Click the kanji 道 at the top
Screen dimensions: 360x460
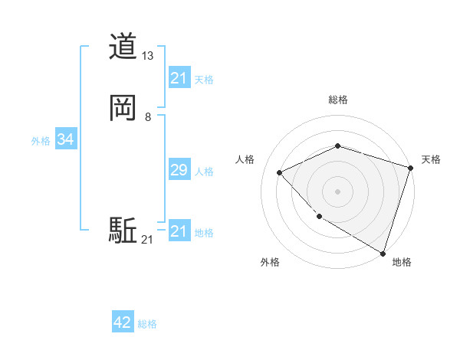click(x=123, y=47)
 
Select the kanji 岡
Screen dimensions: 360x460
click(x=123, y=108)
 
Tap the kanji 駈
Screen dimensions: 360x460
click(x=123, y=231)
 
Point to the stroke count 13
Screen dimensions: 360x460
click(x=148, y=56)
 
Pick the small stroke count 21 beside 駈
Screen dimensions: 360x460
click(x=147, y=241)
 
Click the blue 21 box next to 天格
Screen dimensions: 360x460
click(x=179, y=78)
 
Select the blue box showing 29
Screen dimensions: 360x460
click(x=179, y=170)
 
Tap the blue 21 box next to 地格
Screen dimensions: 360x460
click(x=179, y=231)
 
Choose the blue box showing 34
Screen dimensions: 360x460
click(x=65, y=139)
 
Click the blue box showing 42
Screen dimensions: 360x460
click(x=123, y=323)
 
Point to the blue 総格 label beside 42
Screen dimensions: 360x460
click(x=147, y=324)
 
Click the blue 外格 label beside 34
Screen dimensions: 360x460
click(x=41, y=141)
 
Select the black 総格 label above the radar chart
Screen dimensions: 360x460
click(x=337, y=100)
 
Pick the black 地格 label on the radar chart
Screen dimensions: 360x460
click(x=402, y=262)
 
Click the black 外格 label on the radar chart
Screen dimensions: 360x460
click(x=270, y=262)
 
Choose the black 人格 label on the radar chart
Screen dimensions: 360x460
click(x=245, y=159)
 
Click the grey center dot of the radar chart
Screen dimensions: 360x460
click(x=337, y=191)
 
